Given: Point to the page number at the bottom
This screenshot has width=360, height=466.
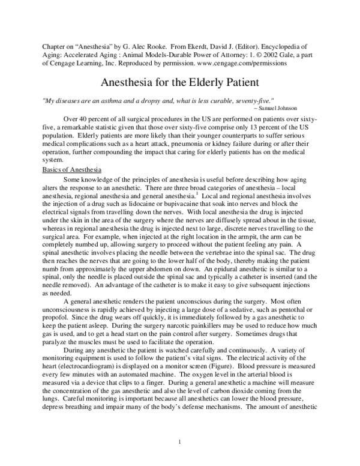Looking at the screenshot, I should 179,443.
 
